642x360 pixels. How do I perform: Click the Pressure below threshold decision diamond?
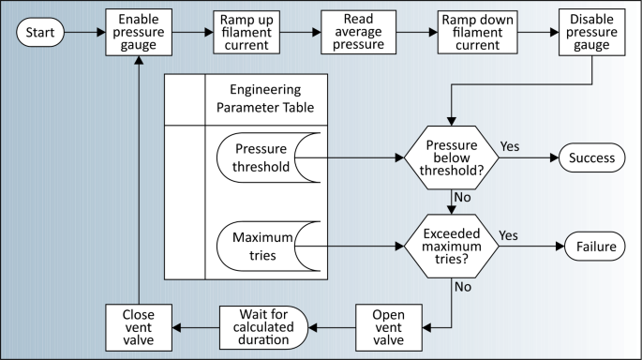452,157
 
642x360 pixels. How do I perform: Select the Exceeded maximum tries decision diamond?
452,247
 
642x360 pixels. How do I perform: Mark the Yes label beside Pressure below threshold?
510,147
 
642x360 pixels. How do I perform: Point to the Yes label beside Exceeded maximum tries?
509,235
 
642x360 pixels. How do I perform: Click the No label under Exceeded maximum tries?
461,288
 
